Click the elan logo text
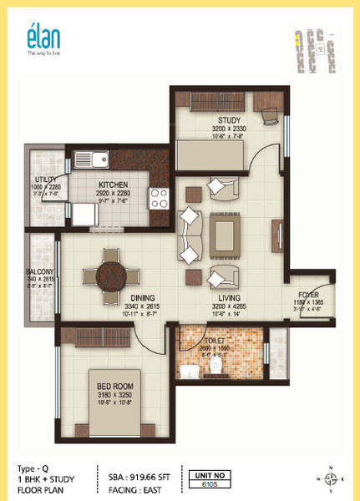coord(39,38)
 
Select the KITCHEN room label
coord(112,185)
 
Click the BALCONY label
coord(40,271)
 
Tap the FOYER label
coord(308,295)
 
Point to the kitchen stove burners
coord(159,198)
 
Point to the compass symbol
coord(331,478)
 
